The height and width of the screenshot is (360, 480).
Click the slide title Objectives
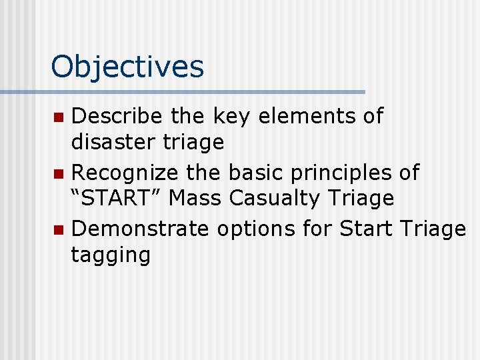[127, 67]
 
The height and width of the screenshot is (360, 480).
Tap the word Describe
[117, 116]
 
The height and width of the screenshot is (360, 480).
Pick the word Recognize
[125, 173]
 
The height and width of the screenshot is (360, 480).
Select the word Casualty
[273, 198]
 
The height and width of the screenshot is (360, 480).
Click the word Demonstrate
[139, 229]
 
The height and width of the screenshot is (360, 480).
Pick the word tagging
[111, 255]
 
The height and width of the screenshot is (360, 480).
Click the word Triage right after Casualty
[360, 198]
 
